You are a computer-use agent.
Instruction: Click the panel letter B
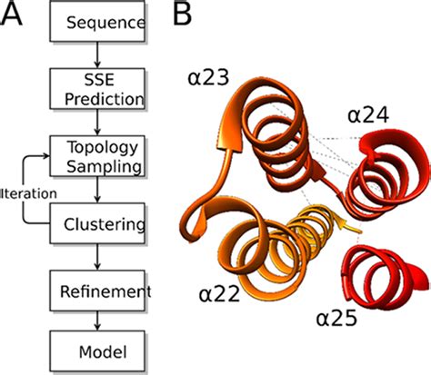coord(183,15)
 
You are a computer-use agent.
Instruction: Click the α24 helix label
coord(367,114)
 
